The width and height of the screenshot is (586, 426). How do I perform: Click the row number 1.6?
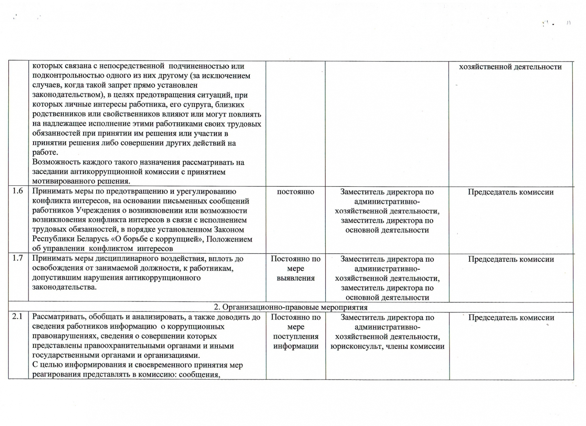[18, 191]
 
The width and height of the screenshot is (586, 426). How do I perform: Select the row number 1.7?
[18, 258]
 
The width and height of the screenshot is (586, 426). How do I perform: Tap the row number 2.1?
[18, 316]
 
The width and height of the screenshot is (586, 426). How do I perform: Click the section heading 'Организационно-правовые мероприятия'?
[295, 307]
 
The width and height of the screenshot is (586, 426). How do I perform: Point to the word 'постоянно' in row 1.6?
[296, 192]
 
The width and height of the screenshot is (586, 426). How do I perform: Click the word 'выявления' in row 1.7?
[296, 278]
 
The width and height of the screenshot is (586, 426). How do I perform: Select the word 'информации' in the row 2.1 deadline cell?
[296, 346]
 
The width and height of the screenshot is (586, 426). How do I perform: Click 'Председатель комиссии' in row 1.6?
[510, 192]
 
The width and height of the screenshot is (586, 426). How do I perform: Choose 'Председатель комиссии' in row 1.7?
[510, 259]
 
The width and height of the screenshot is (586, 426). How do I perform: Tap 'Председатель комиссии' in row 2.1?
[511, 318]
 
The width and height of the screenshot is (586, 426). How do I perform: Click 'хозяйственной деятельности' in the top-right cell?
[510, 67]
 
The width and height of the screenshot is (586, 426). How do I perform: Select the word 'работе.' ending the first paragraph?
[45, 153]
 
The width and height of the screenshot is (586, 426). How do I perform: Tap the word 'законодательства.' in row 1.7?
[64, 287]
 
